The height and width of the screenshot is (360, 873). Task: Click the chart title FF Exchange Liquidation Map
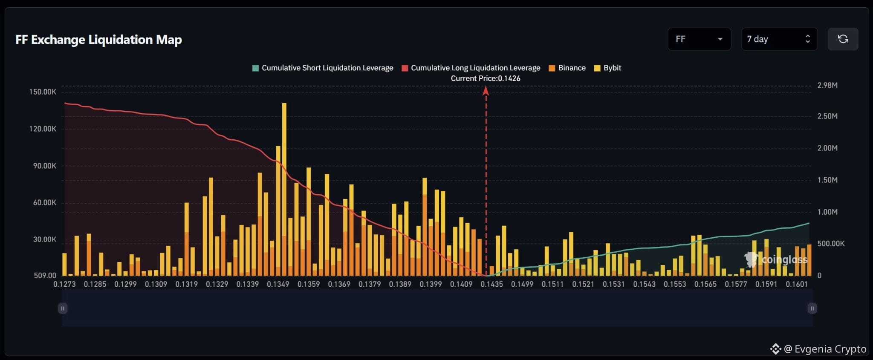click(98, 40)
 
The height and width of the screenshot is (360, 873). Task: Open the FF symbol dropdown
click(699, 39)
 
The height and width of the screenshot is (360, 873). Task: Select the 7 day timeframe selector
click(779, 39)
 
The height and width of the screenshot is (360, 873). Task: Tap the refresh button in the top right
click(843, 39)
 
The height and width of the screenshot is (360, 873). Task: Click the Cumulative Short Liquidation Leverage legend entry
click(323, 68)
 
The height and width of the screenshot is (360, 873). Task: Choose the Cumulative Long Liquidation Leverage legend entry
click(471, 68)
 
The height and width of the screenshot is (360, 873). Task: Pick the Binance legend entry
click(567, 68)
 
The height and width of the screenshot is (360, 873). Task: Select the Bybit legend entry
click(607, 68)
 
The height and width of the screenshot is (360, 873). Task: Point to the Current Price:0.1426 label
click(486, 78)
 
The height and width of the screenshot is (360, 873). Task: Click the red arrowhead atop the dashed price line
click(486, 90)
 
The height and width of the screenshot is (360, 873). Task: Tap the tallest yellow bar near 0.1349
click(284, 189)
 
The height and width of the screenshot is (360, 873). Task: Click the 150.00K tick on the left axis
click(43, 92)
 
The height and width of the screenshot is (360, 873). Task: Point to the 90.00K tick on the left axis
click(45, 166)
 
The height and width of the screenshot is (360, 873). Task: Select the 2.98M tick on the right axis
click(827, 85)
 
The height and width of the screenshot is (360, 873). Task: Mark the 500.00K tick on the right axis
click(831, 244)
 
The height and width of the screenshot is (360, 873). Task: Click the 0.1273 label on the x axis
click(64, 284)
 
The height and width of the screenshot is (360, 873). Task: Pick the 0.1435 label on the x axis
click(492, 284)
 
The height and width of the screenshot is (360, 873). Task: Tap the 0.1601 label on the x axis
click(797, 284)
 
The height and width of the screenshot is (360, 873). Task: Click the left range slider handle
click(63, 308)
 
